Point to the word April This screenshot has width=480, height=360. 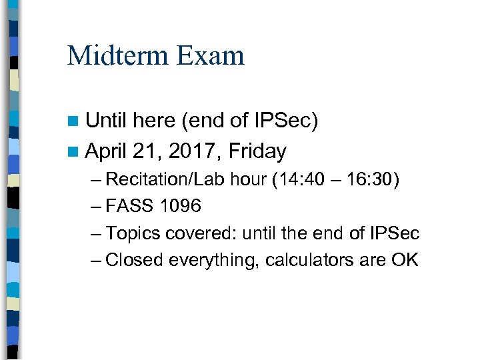pos(106,152)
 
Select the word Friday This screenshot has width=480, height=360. pos(257,151)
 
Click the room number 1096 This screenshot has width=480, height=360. pos(180,207)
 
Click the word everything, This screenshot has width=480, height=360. pos(213,260)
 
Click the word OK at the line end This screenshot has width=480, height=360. pos(405,260)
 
